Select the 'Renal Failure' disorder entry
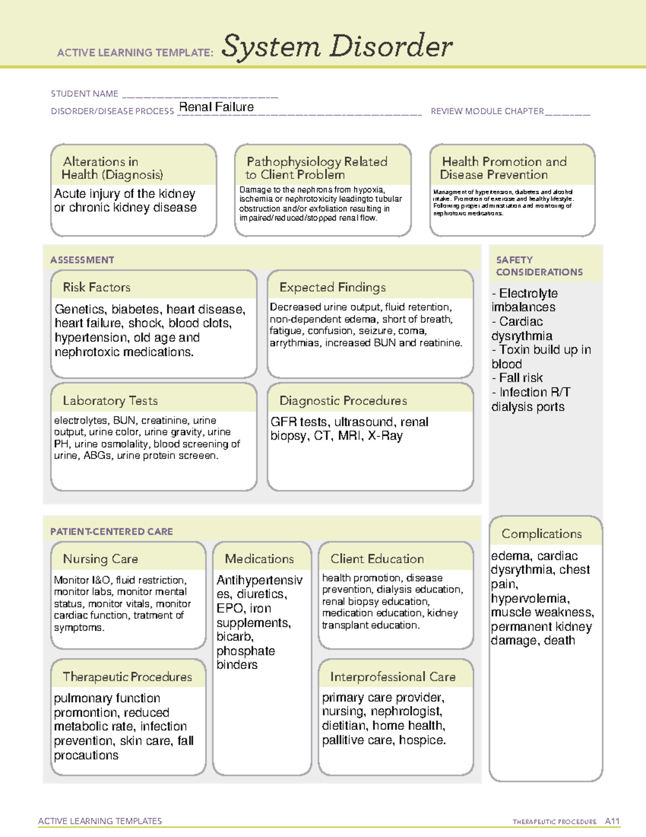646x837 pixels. click(x=216, y=107)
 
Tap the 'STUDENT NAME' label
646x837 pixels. click(x=85, y=94)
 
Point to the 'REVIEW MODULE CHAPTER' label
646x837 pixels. click(x=487, y=112)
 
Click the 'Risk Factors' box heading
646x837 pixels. click(x=96, y=287)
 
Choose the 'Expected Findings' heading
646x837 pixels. click(x=332, y=287)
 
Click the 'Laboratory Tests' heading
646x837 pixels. click(x=110, y=400)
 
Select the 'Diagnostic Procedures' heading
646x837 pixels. click(x=343, y=400)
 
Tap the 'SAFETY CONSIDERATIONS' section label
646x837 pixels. click(x=539, y=266)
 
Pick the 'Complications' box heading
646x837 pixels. click(x=542, y=534)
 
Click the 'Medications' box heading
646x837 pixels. click(x=259, y=559)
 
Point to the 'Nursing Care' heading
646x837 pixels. click(x=100, y=559)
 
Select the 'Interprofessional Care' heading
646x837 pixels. click(x=392, y=676)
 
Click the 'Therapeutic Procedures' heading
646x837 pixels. click(x=127, y=676)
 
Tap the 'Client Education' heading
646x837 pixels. click(x=377, y=559)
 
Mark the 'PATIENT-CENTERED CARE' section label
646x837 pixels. click(x=111, y=531)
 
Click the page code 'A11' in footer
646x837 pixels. click(x=612, y=821)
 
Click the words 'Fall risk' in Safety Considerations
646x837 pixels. click(x=521, y=378)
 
